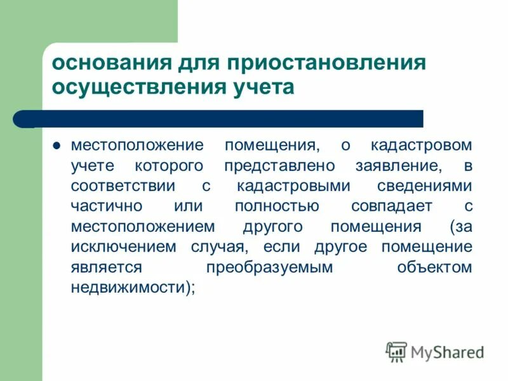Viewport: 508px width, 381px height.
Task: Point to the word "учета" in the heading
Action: pos(258,88)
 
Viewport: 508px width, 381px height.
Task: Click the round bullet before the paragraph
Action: pos(57,145)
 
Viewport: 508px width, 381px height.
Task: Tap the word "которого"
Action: pos(171,166)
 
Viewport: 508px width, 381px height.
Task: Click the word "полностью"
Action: pos(277,206)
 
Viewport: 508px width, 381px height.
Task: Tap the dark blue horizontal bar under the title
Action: pos(229,118)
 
